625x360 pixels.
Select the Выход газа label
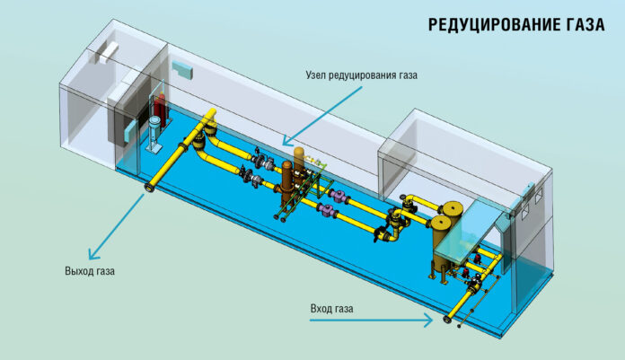coord(90,270)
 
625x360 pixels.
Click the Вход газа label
coord(332,309)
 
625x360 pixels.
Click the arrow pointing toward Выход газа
coord(111,224)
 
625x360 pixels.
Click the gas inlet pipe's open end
coord(446,319)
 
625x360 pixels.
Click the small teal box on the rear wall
coord(182,68)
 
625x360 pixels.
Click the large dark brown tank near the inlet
coord(446,238)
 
